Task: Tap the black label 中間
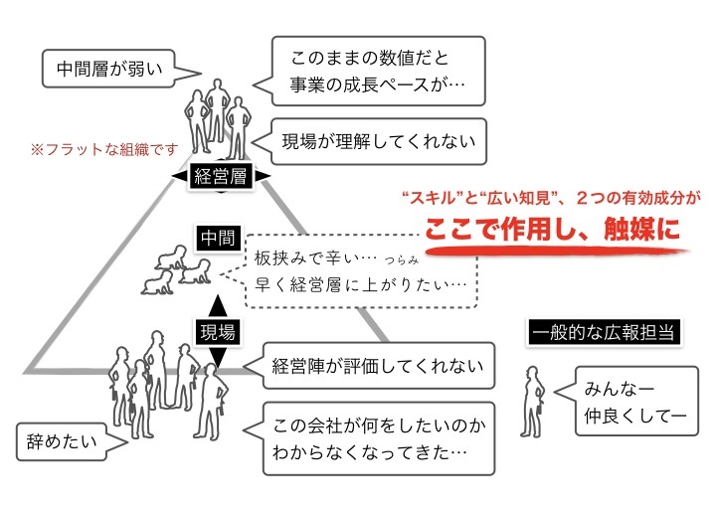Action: coord(218,239)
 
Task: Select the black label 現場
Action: coord(218,332)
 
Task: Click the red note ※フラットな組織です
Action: coord(104,150)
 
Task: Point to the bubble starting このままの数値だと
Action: coord(378,71)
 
